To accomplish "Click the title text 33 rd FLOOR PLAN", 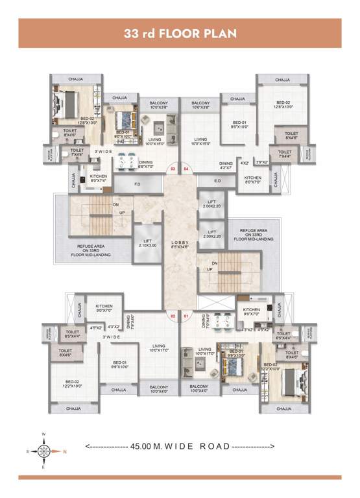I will point(180,33).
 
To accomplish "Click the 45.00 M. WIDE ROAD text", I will point(179,446).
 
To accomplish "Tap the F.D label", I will point(137,185).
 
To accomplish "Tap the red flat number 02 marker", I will point(173,316).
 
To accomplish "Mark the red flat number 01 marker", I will point(186,316).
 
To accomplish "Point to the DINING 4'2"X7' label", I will point(226,166).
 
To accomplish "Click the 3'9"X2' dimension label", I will point(261,163).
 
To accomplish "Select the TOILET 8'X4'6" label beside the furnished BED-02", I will point(69,132).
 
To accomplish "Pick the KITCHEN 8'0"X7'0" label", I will point(253,179).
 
